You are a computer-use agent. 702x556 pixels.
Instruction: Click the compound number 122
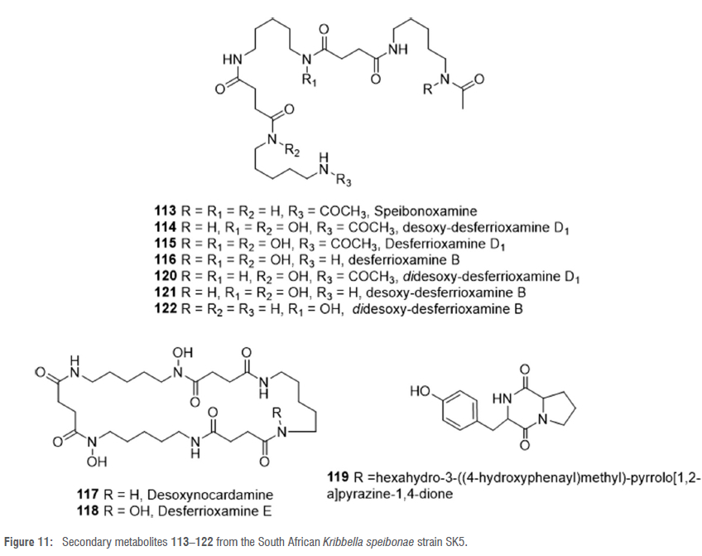166,307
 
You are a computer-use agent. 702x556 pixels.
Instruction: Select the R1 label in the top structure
309,80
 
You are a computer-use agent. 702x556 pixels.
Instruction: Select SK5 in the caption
454,542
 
